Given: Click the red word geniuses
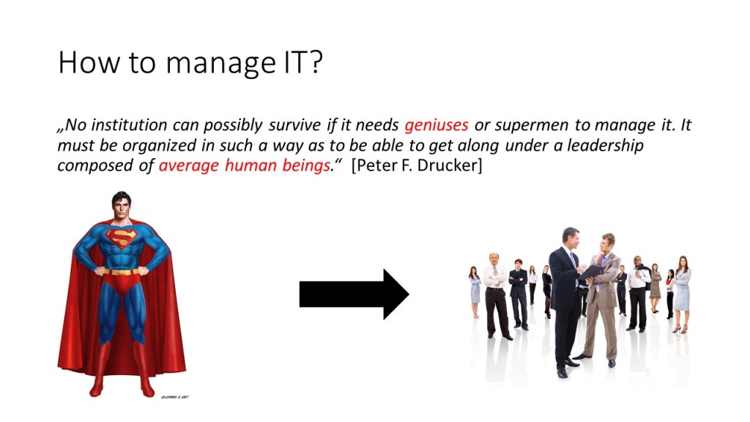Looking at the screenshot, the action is pyautogui.click(x=437, y=125).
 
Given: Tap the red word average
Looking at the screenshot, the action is pyautogui.click(x=188, y=166).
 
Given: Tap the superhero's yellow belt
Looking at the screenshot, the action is pyautogui.click(x=122, y=272).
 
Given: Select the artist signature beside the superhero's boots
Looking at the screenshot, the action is pyautogui.click(x=174, y=397).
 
